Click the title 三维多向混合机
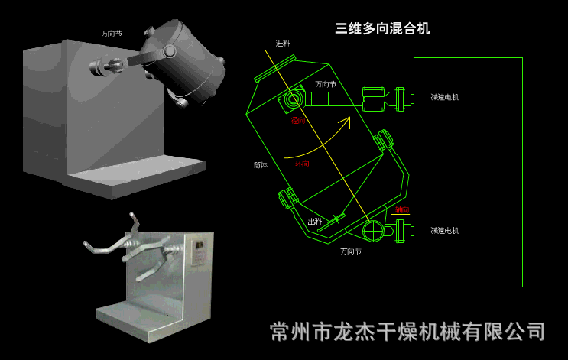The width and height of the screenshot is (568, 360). click(x=382, y=29)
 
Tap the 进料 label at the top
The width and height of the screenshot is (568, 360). click(x=283, y=44)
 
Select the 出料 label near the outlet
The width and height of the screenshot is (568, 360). click(x=314, y=221)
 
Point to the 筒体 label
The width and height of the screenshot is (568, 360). click(x=261, y=164)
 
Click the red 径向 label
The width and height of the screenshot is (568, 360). click(x=298, y=121)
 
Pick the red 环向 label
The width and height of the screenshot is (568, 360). click(x=302, y=163)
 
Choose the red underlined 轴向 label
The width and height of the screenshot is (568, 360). click(x=402, y=209)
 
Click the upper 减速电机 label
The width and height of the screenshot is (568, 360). click(x=444, y=97)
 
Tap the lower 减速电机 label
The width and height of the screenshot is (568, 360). click(x=444, y=230)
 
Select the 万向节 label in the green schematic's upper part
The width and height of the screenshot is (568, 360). click(x=326, y=84)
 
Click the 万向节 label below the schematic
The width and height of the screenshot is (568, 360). click(x=351, y=251)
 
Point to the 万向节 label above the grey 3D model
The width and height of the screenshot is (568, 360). click(x=112, y=34)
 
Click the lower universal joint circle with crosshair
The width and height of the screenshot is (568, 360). click(x=373, y=230)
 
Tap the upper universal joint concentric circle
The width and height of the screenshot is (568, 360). click(x=294, y=99)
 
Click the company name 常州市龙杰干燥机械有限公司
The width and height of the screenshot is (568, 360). click(x=408, y=332)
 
